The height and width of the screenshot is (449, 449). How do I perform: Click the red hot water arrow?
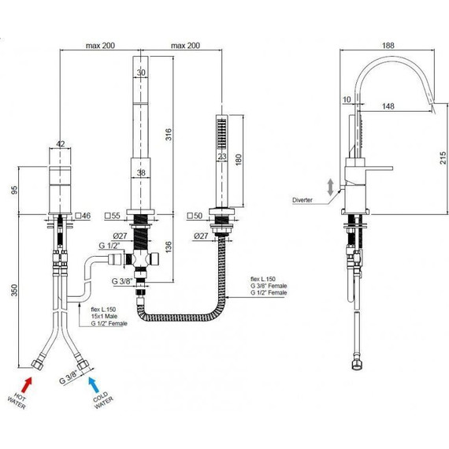[27, 385]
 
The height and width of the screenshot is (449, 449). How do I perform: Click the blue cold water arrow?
[94, 384]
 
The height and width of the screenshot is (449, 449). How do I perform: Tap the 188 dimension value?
[388, 46]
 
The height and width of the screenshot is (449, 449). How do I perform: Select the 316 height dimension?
[169, 135]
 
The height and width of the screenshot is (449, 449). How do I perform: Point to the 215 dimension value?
[443, 158]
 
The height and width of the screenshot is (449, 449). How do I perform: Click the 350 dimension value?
[14, 290]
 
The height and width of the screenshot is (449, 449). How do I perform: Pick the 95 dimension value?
[14, 190]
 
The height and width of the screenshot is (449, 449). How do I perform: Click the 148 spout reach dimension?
[388, 106]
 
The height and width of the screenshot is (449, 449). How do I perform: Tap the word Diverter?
[302, 200]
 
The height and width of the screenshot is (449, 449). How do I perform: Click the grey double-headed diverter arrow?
[331, 187]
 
